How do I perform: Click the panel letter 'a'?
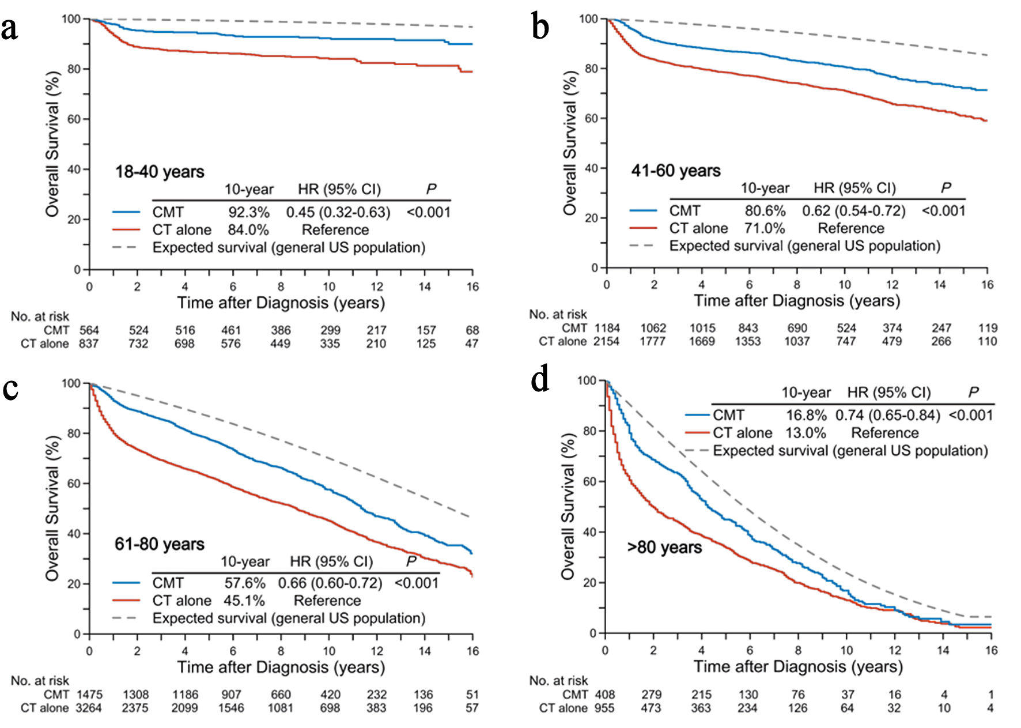9,29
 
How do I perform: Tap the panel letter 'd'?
540,380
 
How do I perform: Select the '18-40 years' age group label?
160,172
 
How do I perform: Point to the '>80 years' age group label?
664,547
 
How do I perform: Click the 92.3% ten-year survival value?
248,213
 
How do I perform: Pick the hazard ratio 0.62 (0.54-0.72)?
853,211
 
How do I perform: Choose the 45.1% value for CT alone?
244,601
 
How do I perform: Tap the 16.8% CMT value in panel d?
806,415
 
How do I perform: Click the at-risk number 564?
89,330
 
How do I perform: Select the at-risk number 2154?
606,341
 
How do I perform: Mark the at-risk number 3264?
89,708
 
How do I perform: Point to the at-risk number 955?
604,708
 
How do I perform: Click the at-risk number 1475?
89,695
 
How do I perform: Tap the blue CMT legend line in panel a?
126,213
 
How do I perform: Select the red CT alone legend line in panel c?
126,601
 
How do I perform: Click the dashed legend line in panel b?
643,246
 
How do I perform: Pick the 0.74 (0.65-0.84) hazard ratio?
887,415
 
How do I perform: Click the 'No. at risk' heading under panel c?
40,681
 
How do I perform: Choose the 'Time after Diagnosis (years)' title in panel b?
797,301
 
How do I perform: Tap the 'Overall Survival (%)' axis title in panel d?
568,506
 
